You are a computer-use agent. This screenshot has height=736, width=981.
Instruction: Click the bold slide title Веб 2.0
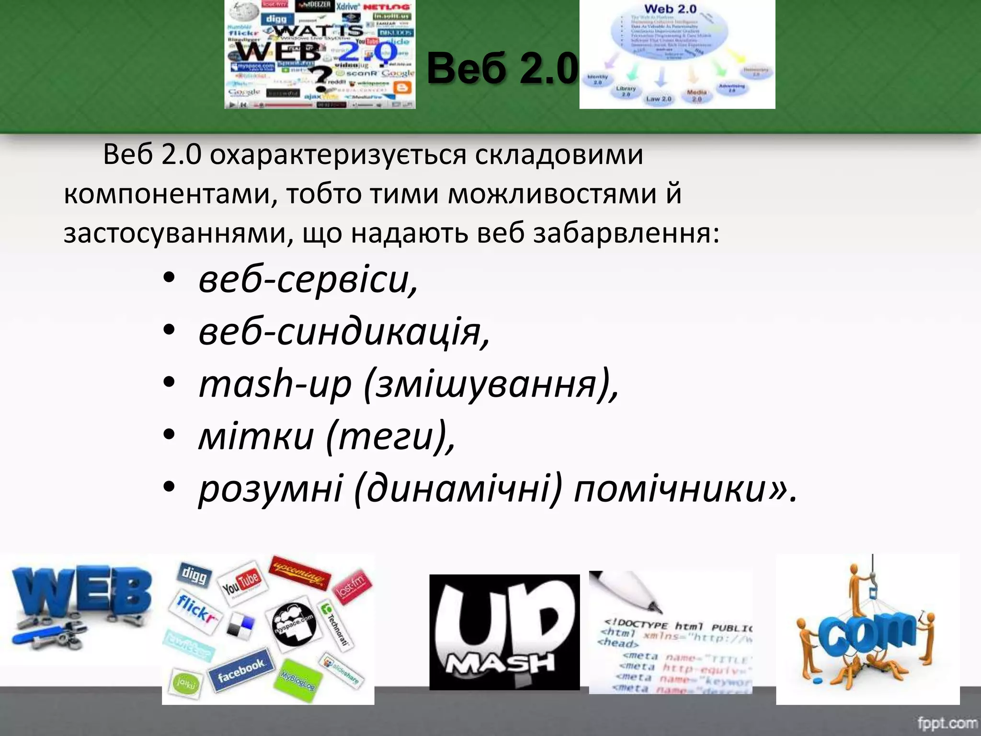502,69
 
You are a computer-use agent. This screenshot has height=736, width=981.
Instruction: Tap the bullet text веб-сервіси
308,279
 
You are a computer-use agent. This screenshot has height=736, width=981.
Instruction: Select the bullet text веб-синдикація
344,332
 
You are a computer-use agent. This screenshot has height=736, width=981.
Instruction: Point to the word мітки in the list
256,437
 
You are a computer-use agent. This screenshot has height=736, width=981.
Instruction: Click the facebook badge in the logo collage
241,670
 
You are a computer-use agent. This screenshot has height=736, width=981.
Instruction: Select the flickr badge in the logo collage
195,608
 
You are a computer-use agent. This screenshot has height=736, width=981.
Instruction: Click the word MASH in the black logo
501,664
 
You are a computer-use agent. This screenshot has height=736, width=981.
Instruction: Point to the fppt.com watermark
947,722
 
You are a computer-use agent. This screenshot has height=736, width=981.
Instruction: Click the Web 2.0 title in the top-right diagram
670,9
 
